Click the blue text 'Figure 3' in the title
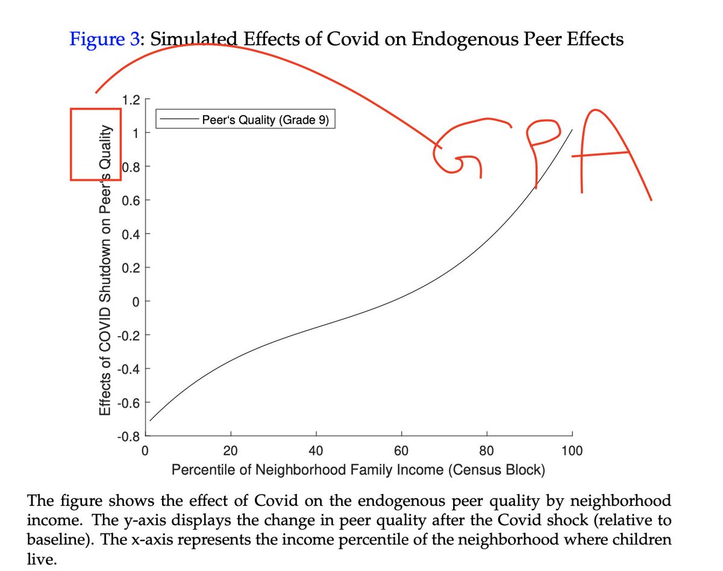(104, 40)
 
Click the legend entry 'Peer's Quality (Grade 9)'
(265, 119)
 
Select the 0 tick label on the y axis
(136, 301)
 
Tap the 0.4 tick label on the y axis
(131, 234)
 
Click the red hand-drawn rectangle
(96, 144)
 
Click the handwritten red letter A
(612, 151)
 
